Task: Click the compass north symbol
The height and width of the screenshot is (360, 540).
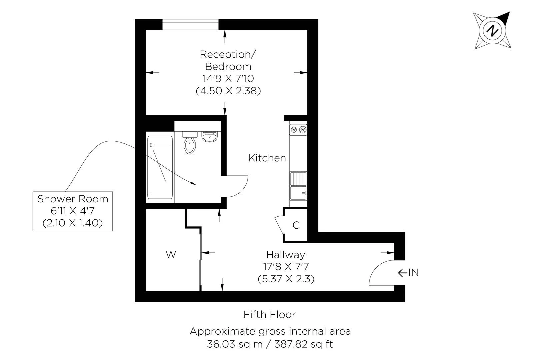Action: tap(492, 31)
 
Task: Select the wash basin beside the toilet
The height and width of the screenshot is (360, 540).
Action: tap(210, 137)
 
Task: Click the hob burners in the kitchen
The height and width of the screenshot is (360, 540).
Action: tap(298, 129)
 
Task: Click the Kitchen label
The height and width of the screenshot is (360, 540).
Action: tap(267, 158)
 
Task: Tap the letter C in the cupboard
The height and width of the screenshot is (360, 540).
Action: tap(296, 225)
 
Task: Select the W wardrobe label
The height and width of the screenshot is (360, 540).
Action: tap(171, 255)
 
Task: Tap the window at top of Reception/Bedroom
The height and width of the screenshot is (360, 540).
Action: tap(190, 24)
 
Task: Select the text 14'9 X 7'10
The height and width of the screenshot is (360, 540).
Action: tap(228, 78)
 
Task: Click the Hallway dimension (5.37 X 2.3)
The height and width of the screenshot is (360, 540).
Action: tap(286, 279)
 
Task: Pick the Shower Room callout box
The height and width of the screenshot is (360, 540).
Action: tap(73, 211)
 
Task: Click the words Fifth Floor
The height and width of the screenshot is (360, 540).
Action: tap(269, 314)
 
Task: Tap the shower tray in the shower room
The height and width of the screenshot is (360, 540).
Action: tap(160, 167)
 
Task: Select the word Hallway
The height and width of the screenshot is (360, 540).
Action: tap(285, 255)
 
